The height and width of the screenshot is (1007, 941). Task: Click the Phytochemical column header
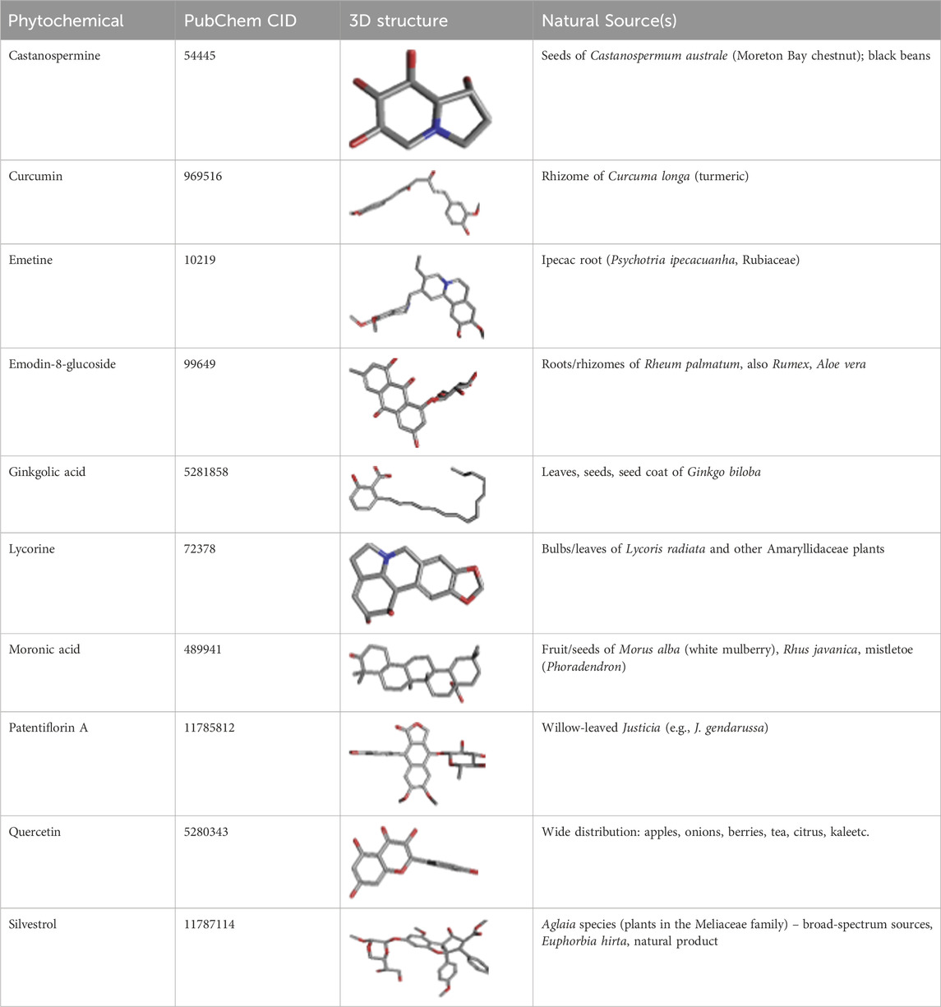66,21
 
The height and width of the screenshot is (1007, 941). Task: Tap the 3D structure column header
396,21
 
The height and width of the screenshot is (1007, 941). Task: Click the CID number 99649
201,364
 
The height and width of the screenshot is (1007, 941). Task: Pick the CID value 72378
201,549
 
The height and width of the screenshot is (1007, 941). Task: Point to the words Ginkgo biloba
723,472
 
